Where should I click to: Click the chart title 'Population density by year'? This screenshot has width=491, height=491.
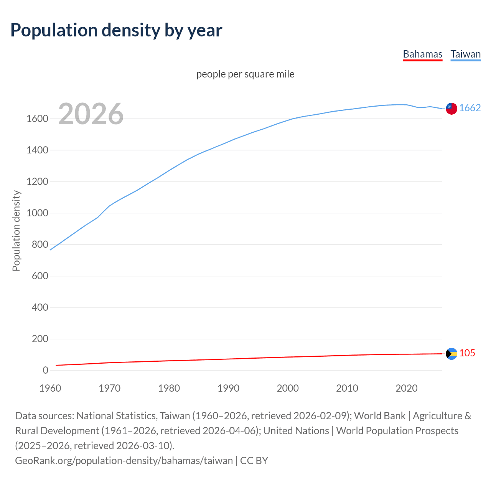tap(116, 30)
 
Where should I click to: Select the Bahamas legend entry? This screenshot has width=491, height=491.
tap(422, 54)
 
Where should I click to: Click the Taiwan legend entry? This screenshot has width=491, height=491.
tap(465, 54)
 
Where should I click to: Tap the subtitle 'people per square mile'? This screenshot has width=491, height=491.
tap(245, 74)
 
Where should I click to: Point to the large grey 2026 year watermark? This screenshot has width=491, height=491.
tap(91, 114)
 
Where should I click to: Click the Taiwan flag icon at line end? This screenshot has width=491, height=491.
tap(451, 109)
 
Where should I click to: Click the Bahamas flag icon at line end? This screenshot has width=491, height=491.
tap(451, 354)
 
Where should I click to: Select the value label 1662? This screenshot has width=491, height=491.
tap(470, 108)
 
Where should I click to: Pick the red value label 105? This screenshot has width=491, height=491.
tap(467, 353)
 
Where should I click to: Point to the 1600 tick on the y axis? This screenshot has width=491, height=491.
tap(37, 119)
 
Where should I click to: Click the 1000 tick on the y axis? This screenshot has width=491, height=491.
tap(37, 213)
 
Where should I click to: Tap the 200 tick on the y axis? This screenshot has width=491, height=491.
tap(40, 339)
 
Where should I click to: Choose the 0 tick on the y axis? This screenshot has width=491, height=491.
tap(45, 371)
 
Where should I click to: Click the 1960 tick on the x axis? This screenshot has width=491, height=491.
tap(50, 388)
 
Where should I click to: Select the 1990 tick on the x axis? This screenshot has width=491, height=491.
tap(228, 388)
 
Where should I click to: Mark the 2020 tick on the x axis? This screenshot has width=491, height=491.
tap(406, 388)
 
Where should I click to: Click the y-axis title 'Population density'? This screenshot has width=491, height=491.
tap(16, 231)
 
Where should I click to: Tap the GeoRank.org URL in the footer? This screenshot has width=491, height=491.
tap(124, 461)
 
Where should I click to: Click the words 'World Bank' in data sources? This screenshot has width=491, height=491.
tap(380, 416)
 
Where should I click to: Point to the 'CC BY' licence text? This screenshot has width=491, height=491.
tap(254, 461)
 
